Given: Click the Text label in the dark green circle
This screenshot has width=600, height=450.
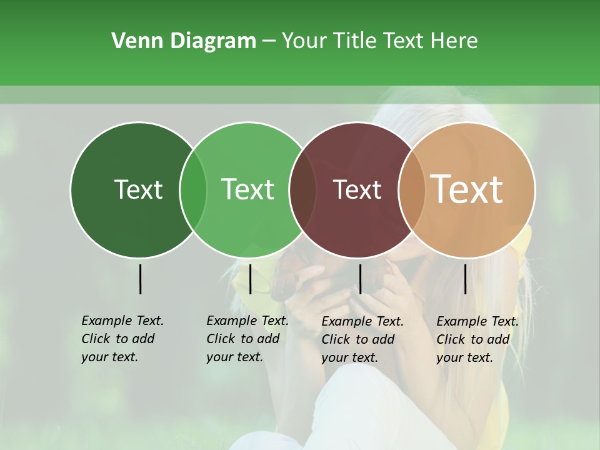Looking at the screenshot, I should [138, 189].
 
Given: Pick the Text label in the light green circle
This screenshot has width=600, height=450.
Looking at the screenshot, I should [248, 189].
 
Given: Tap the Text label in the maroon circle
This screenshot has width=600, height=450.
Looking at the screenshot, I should [357, 189].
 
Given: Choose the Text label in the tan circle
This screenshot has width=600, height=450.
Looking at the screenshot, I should [467, 189].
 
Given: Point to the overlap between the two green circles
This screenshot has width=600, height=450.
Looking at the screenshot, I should [193, 190].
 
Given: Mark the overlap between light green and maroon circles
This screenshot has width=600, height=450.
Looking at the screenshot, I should [302, 190].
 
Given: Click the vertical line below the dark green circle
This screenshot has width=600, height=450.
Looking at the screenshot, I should [140, 279].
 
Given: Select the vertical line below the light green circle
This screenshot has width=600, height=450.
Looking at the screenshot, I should [250, 279].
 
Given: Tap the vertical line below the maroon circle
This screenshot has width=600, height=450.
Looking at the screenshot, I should [360, 279].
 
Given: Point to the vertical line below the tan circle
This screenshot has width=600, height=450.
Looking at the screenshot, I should [465, 279].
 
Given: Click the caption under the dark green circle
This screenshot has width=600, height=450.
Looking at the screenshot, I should [122, 339].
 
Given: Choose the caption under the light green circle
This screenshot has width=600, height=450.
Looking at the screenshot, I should [247, 339].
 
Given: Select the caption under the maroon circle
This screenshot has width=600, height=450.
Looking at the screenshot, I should [362, 339].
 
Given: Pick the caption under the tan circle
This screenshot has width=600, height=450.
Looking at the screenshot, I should [477, 339].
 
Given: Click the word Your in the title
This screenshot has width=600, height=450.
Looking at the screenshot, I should [303, 41].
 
